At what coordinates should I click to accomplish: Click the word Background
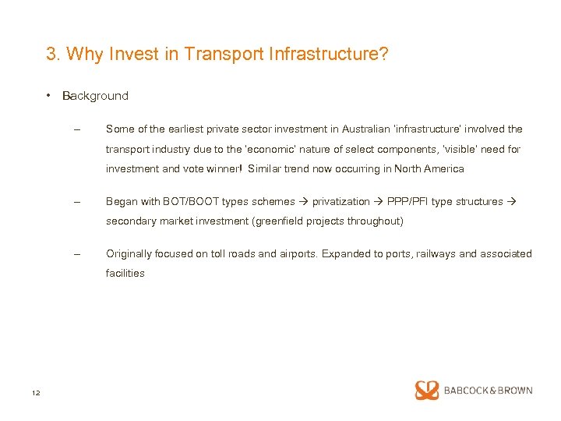(95, 96)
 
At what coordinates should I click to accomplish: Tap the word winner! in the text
(224, 168)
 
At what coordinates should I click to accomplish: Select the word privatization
(340, 201)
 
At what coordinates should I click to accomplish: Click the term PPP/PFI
(408, 201)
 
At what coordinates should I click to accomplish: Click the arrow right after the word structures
(511, 201)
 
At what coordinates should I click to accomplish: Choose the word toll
(222, 253)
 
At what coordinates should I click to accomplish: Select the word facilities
(125, 273)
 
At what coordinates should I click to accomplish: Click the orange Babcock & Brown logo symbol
(427, 391)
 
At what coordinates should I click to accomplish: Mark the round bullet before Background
(48, 96)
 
